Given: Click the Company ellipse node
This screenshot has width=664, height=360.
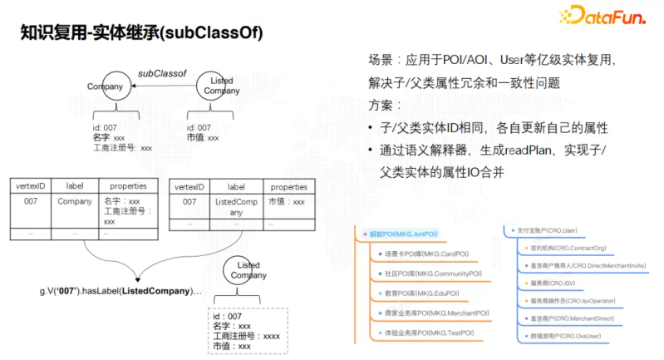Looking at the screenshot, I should (105, 86).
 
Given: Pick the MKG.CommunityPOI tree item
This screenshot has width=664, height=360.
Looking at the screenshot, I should (432, 273).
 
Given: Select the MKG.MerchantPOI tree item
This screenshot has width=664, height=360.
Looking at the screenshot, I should (436, 313).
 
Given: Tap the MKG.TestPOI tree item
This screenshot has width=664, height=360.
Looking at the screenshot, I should (429, 333).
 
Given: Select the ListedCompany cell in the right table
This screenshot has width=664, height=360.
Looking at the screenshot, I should (236, 207).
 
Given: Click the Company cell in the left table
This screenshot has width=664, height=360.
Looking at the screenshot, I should (74, 201).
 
